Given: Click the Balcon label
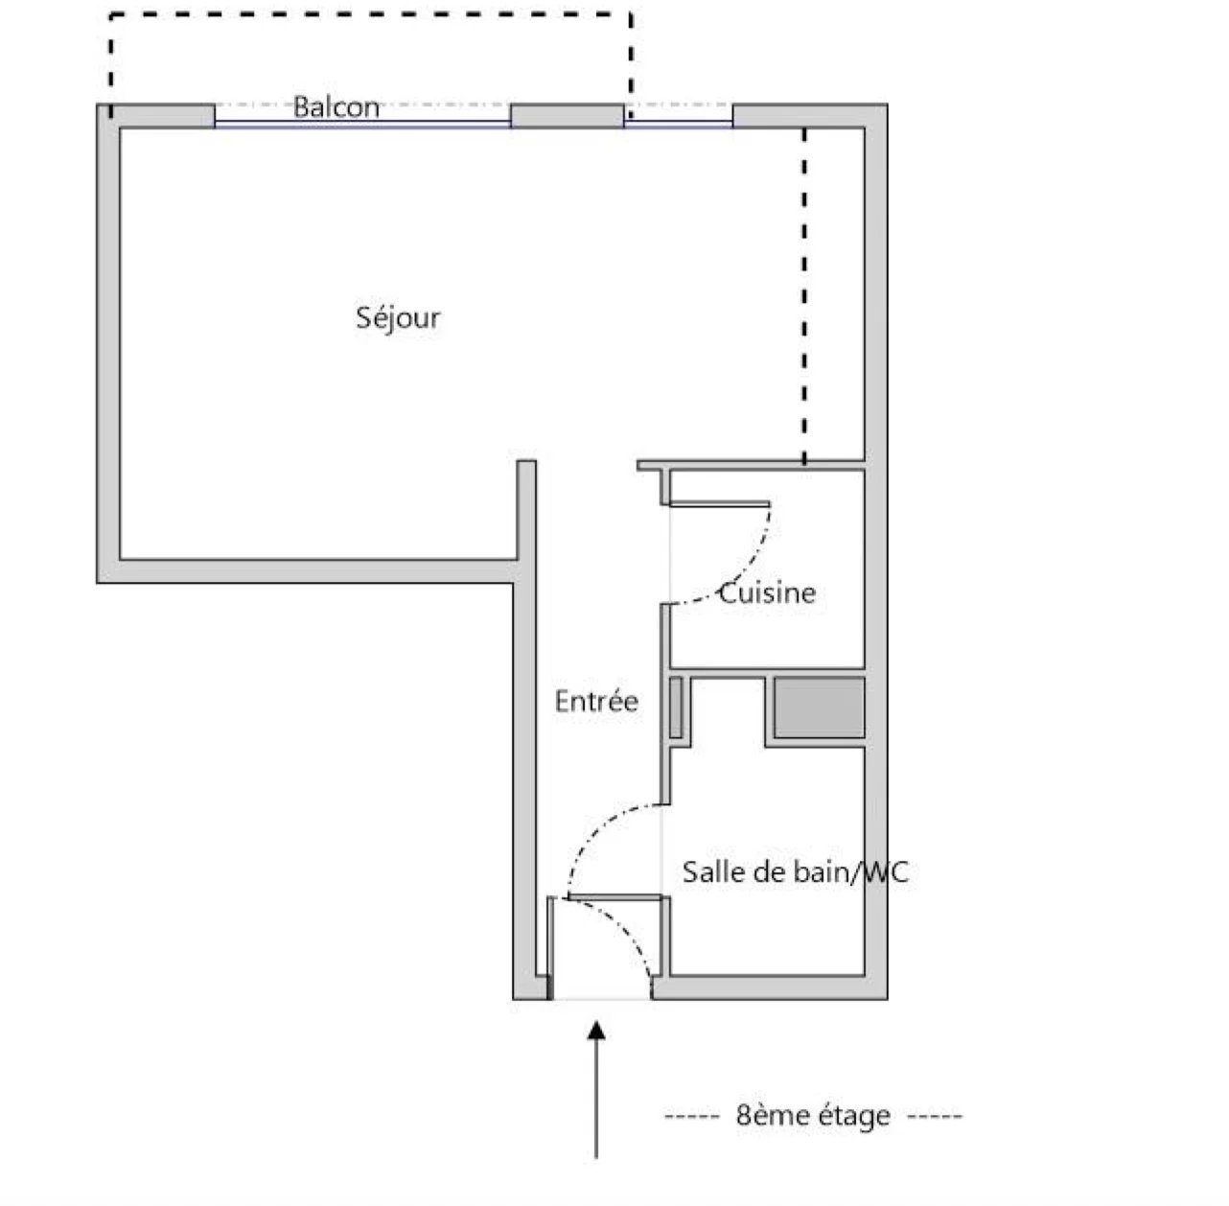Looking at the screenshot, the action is (336, 107).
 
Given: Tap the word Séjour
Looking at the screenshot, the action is (398, 317).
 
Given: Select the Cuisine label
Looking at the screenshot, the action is (767, 593).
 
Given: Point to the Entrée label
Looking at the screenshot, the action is (596, 702).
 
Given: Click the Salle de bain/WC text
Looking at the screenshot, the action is (796, 871).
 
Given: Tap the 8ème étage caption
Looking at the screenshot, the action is (813, 1115).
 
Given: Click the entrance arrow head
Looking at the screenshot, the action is (596, 1031).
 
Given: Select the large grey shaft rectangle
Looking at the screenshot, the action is (819, 707).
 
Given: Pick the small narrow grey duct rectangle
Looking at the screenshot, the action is (676, 707).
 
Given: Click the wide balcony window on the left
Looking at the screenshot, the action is (362, 125).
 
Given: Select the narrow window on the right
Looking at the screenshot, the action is (678, 125).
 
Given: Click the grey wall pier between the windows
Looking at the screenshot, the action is (567, 116).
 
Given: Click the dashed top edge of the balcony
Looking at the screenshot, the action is (371, 14).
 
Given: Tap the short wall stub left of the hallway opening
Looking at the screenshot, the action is (526, 510).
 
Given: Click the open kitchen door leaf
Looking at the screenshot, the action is (719, 504).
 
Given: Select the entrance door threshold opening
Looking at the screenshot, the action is (602, 999).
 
